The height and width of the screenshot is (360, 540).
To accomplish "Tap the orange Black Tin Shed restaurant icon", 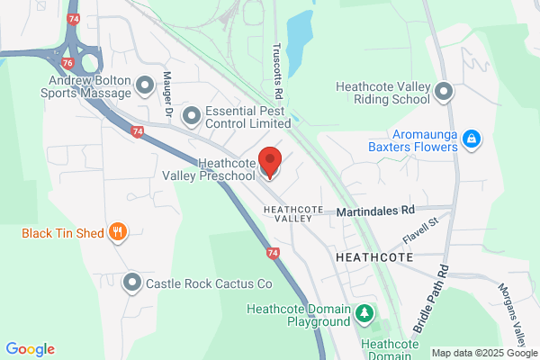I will pos(117,233).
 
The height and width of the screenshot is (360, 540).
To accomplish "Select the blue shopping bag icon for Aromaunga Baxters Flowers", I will pos(472,139).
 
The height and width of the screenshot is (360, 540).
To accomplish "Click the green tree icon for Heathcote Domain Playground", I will pos(364,313).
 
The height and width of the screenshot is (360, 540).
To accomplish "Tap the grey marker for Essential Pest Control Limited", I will pos(191,115).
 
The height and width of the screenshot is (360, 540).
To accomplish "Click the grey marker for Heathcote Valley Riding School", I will pos(444,91).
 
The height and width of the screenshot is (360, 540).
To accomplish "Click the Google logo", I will pos(30,349).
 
